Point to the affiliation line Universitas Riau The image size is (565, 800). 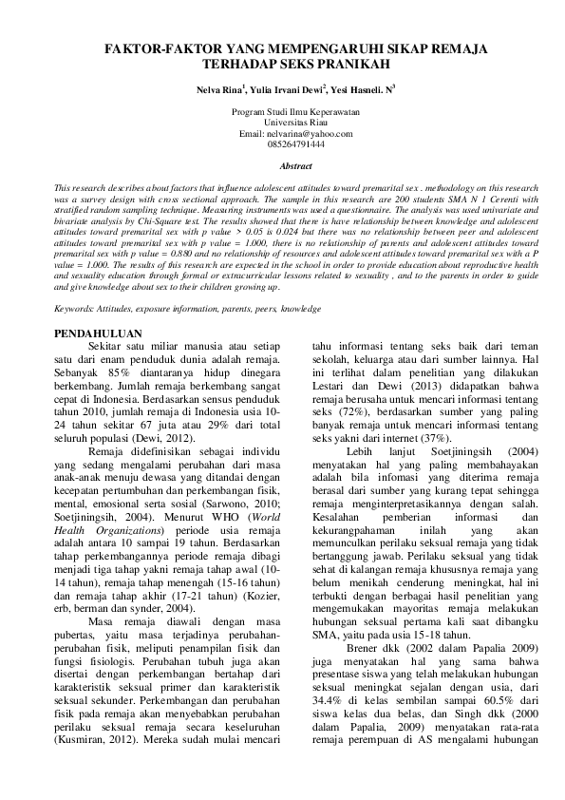point(282,124)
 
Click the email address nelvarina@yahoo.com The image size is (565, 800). point(294,134)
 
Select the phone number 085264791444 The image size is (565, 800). point(282,144)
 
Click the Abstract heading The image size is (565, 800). point(282,166)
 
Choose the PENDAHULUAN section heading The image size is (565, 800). point(99,333)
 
